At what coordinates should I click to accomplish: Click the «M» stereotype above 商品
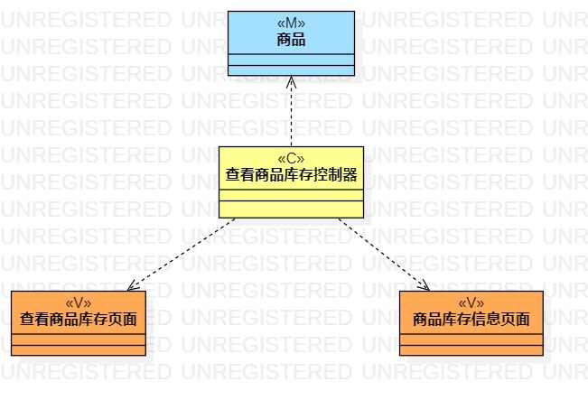(291, 23)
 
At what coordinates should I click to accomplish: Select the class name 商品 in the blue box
(291, 39)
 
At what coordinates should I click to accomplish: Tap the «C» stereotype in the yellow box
(291, 159)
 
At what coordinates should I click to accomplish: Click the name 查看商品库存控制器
(291, 175)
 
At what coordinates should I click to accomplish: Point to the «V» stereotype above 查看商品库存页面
(79, 303)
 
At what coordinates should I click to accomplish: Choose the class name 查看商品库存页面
(79, 320)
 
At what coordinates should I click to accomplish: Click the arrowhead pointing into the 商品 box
(291, 81)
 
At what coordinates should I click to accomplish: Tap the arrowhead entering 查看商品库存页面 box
(133, 285)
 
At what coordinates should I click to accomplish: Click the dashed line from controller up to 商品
(291, 113)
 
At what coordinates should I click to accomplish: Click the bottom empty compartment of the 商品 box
(291, 70)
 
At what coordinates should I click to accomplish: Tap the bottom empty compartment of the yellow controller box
(291, 211)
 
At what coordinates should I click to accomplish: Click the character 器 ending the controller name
(351, 175)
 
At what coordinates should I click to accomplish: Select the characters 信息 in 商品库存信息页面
(486, 320)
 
